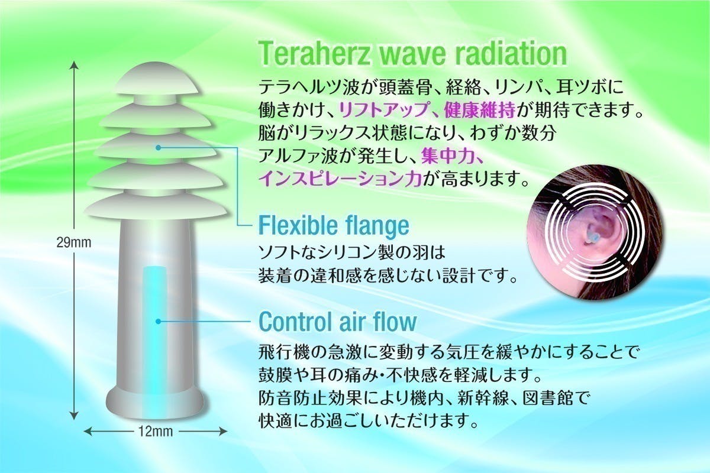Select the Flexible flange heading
(x=334, y=225)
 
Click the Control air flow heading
(x=338, y=321)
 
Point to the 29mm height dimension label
(x=74, y=242)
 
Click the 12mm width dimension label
(x=156, y=432)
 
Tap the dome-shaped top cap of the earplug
(x=157, y=79)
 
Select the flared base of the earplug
(x=154, y=403)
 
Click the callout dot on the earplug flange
(x=158, y=148)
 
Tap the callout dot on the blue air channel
(x=158, y=322)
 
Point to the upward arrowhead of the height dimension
(x=74, y=65)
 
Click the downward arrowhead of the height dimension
(x=74, y=416)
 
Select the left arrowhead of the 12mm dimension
(x=88, y=432)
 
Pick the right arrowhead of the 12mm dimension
(x=223, y=432)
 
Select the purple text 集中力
(x=447, y=156)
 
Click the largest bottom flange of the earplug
(x=155, y=206)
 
